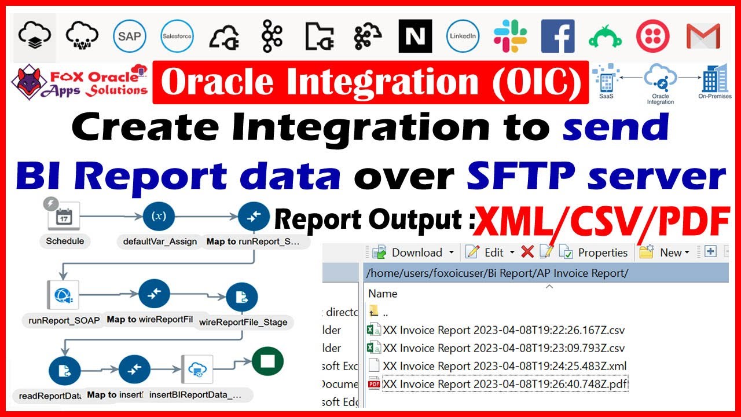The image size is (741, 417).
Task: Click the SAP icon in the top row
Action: (x=130, y=36)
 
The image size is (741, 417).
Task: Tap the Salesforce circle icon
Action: (x=177, y=36)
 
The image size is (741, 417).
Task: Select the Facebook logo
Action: (x=557, y=36)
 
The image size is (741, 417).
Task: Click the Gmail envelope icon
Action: (x=703, y=36)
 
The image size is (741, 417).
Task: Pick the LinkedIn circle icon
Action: (x=463, y=36)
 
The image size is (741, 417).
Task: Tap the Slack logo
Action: (x=510, y=36)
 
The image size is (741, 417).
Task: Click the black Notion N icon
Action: (x=415, y=36)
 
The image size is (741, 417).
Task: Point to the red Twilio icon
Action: (x=653, y=36)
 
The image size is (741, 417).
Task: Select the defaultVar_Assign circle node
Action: (x=159, y=217)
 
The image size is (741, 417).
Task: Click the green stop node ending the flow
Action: (x=267, y=362)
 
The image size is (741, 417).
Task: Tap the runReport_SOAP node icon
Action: (x=63, y=295)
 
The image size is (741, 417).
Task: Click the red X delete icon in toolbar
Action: (x=527, y=252)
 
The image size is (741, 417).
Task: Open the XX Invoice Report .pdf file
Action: (x=505, y=383)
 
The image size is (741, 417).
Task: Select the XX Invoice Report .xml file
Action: (x=504, y=366)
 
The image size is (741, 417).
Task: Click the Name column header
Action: (x=383, y=293)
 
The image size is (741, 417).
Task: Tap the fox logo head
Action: (x=32, y=81)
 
